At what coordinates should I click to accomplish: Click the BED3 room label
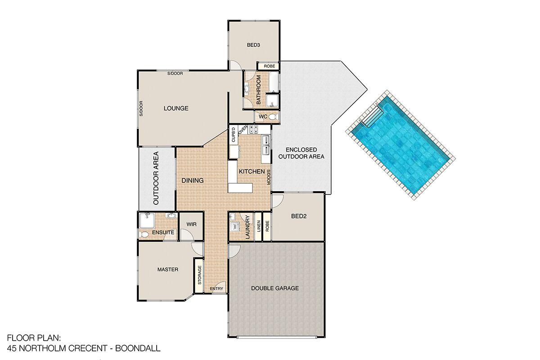[x=253, y=45]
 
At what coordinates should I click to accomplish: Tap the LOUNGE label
[x=176, y=108]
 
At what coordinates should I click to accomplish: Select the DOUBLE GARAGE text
[x=275, y=288]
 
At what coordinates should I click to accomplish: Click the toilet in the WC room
[x=273, y=117]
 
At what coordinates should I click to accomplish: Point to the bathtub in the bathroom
[x=274, y=82]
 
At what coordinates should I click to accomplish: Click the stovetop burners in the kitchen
[x=253, y=129]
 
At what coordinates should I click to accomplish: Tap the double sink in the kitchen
[x=265, y=145]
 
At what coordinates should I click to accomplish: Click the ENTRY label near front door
[x=216, y=288]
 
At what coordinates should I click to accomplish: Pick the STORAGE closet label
[x=200, y=275]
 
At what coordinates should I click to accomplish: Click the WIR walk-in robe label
[x=191, y=224]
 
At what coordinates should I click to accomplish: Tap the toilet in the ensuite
[x=144, y=234]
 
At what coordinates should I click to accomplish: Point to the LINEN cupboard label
[x=259, y=226]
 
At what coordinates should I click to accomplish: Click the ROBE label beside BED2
[x=267, y=226]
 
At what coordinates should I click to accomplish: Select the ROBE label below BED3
[x=269, y=66]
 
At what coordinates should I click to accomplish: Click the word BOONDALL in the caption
[x=138, y=348]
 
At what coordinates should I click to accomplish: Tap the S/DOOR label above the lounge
[x=175, y=73]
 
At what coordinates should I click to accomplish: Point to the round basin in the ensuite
[x=171, y=216]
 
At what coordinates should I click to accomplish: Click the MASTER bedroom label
[x=168, y=270]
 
